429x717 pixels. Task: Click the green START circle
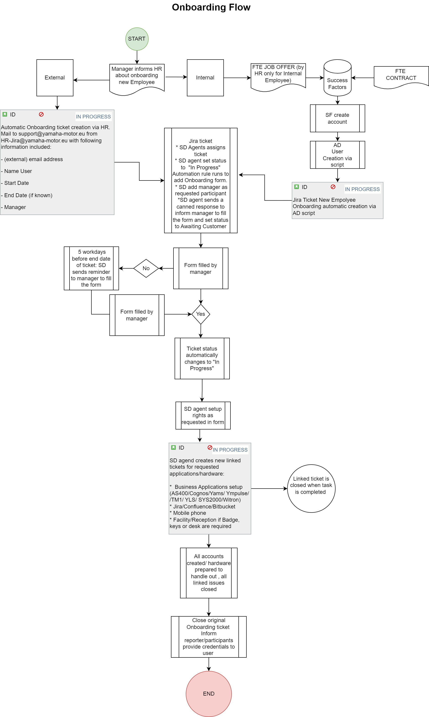coord(137,39)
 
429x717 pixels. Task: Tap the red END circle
coord(209,693)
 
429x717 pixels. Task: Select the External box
coord(55,78)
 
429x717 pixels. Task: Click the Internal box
coord(205,78)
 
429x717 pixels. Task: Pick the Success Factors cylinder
coord(337,78)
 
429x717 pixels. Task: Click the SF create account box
coord(337,118)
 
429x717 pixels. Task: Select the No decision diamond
coord(146,268)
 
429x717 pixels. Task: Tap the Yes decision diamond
coord(201,314)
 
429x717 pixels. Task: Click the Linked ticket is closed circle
coord(311,488)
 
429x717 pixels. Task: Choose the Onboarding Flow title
coord(211,7)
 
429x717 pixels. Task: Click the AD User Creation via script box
coord(337,155)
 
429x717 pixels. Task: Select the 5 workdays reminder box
coord(91,268)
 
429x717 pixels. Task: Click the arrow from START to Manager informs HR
coord(137,57)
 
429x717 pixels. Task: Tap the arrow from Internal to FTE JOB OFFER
coord(237,78)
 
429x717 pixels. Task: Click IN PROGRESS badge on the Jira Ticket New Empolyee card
coord(362,189)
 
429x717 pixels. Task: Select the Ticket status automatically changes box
coord(202,358)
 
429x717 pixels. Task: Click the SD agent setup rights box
coord(203,416)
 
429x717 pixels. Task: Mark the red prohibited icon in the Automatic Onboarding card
coord(41,115)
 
